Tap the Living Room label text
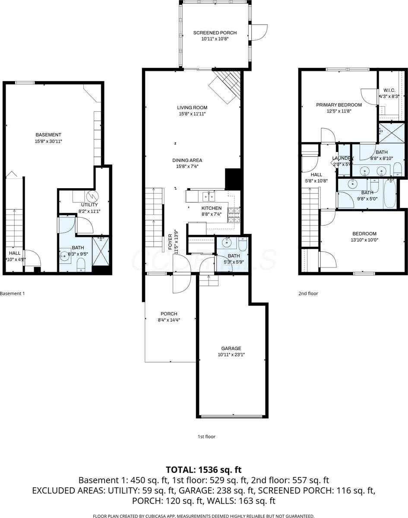point(192,95)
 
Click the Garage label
point(231,348)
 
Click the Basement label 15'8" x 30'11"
point(48,141)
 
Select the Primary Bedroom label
point(339,92)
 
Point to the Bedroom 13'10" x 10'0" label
point(364,234)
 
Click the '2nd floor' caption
point(308,294)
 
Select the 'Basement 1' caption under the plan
point(13,294)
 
